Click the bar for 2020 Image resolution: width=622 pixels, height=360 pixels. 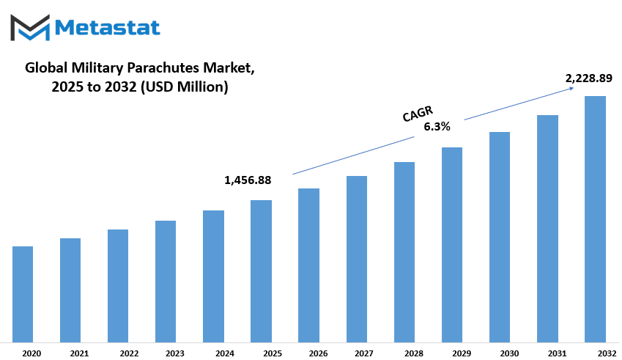[23, 294]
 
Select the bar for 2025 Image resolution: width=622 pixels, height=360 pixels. [261, 271]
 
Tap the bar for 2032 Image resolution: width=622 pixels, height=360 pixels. [595, 219]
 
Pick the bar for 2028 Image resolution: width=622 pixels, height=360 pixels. [404, 252]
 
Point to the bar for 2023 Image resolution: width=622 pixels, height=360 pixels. [166, 282]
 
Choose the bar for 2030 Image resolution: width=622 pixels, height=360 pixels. [500, 237]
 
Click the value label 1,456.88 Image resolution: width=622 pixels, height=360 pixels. [248, 180]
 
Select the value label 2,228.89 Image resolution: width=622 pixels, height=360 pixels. [589, 78]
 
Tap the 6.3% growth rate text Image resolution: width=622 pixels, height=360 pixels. [437, 127]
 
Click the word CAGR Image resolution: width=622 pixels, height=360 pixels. [418, 114]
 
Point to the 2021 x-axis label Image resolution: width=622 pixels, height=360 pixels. [79, 353]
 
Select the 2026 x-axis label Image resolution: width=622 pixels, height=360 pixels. [318, 353]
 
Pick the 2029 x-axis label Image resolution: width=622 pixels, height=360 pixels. [462, 353]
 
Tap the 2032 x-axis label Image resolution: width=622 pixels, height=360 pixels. [607, 353]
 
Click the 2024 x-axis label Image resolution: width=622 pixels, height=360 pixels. [225, 353]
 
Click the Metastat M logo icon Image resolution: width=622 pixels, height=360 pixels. [30, 27]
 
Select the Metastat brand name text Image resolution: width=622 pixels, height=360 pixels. [107, 28]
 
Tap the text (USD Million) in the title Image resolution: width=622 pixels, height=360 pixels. [185, 87]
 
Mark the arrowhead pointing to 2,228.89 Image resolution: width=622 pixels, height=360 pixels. [571, 88]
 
